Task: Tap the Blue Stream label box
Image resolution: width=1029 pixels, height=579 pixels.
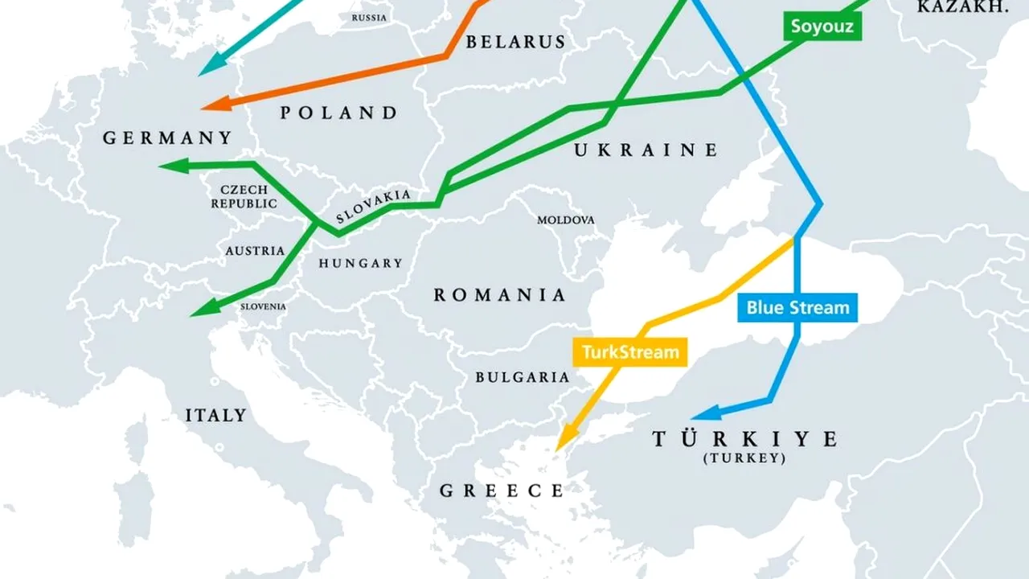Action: click(x=797, y=307)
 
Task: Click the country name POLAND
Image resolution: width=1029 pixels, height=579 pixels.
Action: click(x=339, y=113)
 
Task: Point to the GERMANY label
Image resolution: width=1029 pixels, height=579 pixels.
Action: click(x=167, y=138)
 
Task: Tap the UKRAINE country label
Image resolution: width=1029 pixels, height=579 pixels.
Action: click(x=646, y=150)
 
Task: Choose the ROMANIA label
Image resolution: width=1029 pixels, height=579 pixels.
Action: click(x=500, y=295)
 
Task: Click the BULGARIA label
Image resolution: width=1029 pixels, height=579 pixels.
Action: click(x=522, y=376)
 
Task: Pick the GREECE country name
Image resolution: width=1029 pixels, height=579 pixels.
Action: click(x=502, y=490)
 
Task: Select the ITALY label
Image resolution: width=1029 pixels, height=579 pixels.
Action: click(x=215, y=416)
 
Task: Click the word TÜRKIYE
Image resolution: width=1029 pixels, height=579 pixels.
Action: click(x=744, y=439)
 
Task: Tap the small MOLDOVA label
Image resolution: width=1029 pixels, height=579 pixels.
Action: click(x=566, y=220)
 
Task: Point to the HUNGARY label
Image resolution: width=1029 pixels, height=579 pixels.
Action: click(x=360, y=263)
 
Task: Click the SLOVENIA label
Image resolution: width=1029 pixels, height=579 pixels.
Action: click(x=263, y=306)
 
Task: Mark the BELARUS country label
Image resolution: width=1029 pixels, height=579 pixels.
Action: click(x=515, y=42)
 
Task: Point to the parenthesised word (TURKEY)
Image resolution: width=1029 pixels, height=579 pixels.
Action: click(x=744, y=458)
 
